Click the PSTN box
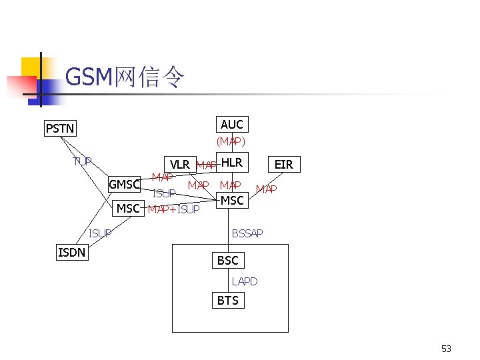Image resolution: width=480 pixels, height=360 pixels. (x=60, y=127)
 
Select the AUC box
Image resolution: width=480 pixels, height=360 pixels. (x=231, y=125)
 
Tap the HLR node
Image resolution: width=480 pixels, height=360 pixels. (x=231, y=163)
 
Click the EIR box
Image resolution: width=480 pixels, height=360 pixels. (x=284, y=164)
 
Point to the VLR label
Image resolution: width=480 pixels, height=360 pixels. (x=180, y=165)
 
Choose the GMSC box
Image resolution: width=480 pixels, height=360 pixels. (x=125, y=185)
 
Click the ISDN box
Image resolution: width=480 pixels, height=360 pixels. (x=71, y=252)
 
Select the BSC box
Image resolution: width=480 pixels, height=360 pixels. (x=227, y=260)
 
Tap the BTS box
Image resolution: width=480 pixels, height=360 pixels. (x=227, y=301)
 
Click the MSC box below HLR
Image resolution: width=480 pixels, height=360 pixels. (x=232, y=200)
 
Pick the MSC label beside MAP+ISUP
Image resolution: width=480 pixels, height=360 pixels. (x=128, y=209)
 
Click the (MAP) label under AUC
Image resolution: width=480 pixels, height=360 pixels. (x=231, y=142)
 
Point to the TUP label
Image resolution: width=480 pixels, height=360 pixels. (x=83, y=161)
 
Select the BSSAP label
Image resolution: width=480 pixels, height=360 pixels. (x=247, y=233)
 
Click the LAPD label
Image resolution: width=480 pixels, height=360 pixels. (x=244, y=281)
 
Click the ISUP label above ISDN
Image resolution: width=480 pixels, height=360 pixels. (x=100, y=233)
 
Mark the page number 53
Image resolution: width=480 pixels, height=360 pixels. (x=446, y=349)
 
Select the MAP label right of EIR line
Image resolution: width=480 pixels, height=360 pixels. (x=266, y=190)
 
